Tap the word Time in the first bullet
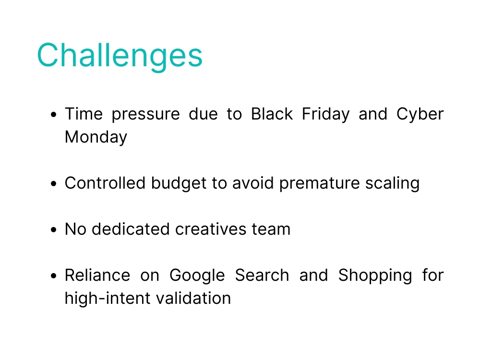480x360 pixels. [84, 114]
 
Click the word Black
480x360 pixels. [272, 114]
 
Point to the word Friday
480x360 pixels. [326, 115]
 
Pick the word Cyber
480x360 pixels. [420, 115]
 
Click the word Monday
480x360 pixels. [96, 137]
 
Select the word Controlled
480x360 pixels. [105, 183]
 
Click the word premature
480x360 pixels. [319, 184]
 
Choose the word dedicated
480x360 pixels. [131, 229]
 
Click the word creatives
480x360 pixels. [211, 229]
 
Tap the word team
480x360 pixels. [271, 229]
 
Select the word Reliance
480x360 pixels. [97, 275]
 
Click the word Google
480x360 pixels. [197, 276]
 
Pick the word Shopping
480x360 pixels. [375, 276]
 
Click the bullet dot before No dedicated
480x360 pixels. [54, 229]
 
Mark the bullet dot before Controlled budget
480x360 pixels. [54, 184]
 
